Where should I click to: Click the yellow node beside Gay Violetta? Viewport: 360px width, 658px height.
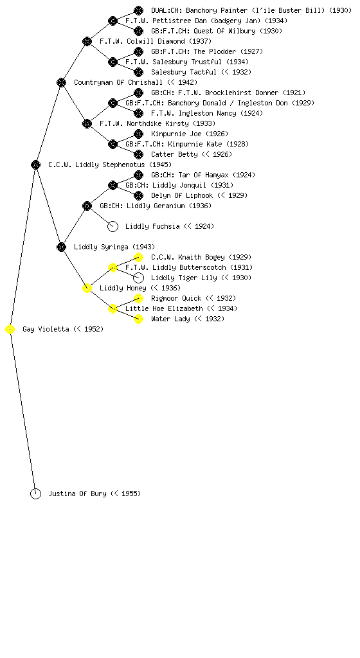click(x=10, y=330)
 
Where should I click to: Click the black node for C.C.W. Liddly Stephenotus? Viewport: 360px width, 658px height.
click(x=35, y=164)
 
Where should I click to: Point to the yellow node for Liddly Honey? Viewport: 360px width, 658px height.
click(x=87, y=288)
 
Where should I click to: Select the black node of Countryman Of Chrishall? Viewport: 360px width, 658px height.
click(x=61, y=82)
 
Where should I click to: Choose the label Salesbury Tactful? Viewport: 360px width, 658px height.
click(x=184, y=72)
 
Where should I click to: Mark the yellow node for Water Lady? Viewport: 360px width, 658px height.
click(x=138, y=319)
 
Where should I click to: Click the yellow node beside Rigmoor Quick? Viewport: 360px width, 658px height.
click(x=138, y=298)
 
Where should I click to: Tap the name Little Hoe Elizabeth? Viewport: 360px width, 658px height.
click(x=164, y=308)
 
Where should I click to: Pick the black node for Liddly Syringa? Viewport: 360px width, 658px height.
click(x=61, y=247)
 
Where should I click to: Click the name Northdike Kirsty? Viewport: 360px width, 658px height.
click(x=157, y=124)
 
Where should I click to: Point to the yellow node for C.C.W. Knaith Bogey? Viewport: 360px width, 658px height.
click(x=138, y=257)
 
